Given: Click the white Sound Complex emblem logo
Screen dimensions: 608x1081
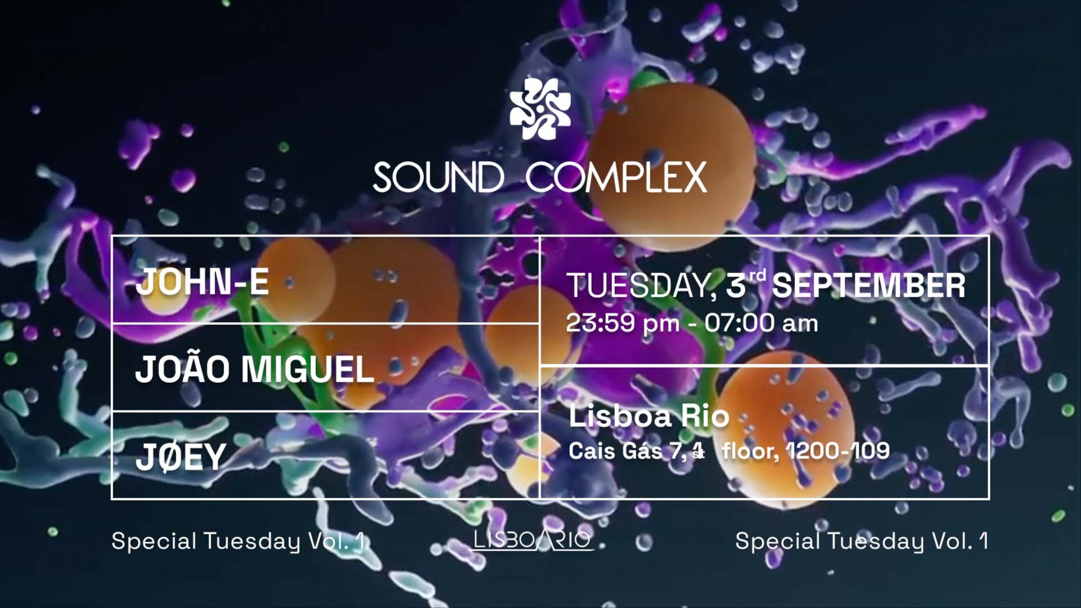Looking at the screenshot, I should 540,109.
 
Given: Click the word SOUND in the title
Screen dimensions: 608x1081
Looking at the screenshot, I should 439,178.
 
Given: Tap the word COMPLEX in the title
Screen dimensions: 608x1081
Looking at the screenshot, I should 616,178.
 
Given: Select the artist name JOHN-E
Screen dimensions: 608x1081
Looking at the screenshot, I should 202,281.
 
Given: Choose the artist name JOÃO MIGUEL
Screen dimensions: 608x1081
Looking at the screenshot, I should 254,369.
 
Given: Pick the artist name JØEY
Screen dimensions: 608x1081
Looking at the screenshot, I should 181,457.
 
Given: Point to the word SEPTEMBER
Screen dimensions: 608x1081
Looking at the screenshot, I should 868,286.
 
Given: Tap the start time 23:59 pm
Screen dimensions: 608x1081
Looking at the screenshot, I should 623,323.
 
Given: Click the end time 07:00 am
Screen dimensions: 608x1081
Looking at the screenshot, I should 761,323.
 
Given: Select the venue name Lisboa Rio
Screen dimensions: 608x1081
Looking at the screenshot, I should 649,416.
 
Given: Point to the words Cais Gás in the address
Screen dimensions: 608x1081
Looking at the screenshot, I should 615,451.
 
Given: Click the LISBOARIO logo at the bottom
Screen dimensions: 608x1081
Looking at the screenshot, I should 533,540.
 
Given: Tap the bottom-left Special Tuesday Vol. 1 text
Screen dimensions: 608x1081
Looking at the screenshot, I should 239,541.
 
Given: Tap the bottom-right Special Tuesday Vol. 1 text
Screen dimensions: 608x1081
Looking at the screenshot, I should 861,541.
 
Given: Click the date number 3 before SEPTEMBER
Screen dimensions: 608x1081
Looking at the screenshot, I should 736,286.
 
